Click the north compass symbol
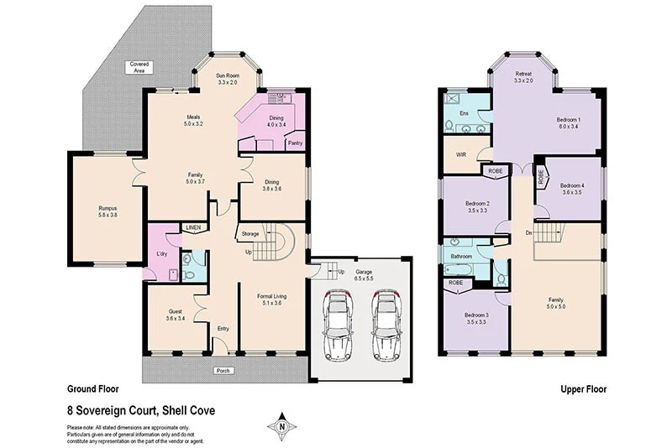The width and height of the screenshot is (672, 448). click(x=281, y=426)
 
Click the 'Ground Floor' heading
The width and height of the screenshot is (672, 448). click(x=92, y=389)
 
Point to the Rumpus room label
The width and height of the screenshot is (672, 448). click(x=108, y=211)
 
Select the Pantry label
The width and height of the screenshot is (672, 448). click(x=295, y=143)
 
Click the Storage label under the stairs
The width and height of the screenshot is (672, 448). click(x=250, y=234)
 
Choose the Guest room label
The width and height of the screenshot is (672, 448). click(x=176, y=315)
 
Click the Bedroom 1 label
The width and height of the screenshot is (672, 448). click(x=568, y=123)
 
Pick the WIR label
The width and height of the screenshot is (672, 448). click(x=460, y=154)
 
